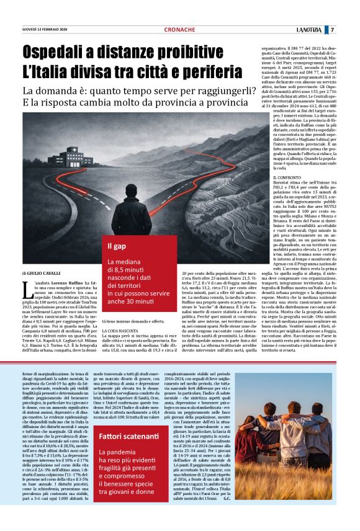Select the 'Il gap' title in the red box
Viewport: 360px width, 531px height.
point(118,244)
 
